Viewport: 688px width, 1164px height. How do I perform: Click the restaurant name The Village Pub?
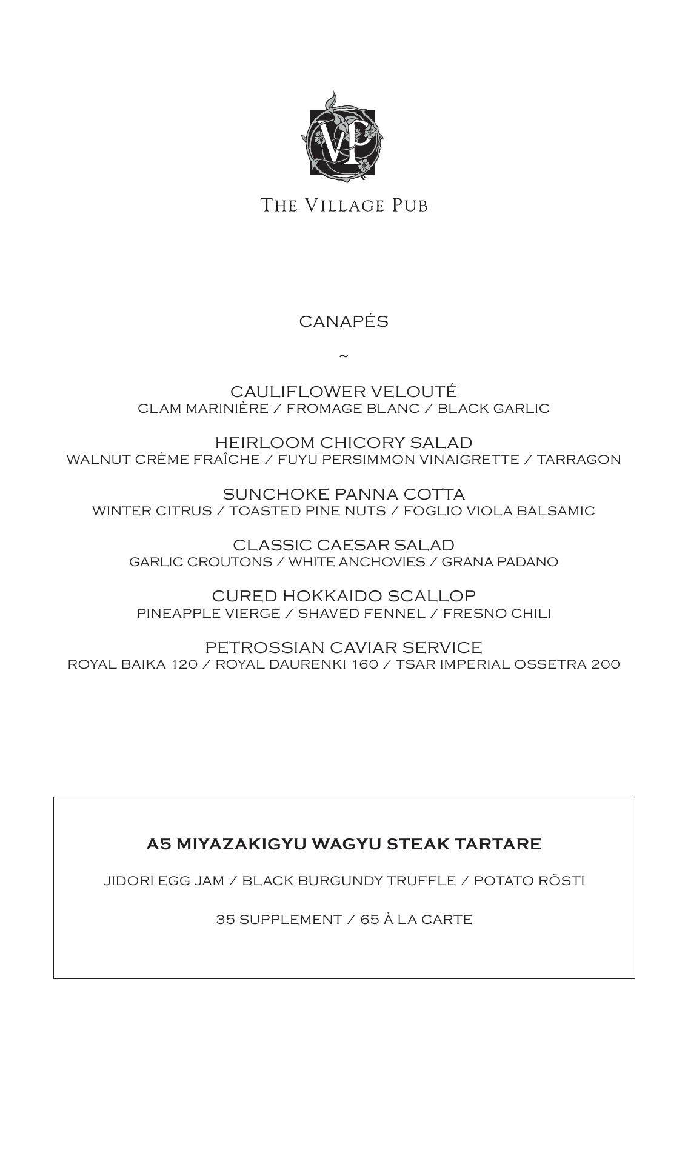tap(344, 205)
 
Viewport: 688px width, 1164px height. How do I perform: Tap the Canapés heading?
tap(344, 321)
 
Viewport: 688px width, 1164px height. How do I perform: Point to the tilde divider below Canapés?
tap(344, 356)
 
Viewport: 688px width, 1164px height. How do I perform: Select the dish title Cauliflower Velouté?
tap(344, 391)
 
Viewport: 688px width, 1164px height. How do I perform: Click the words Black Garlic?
tap(493, 409)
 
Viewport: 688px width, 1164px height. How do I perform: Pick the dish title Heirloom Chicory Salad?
tap(344, 443)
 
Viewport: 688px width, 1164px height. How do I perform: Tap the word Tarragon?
tap(579, 460)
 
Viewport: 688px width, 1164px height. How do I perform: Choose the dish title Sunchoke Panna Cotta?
tap(344, 493)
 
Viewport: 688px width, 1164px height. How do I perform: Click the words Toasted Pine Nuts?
tap(307, 511)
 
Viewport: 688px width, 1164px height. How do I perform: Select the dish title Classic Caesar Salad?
tap(344, 544)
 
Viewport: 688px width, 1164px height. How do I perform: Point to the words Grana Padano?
tap(499, 562)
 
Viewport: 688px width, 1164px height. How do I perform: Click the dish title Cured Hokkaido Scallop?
tap(344, 595)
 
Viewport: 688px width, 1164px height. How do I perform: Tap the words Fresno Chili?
tap(496, 614)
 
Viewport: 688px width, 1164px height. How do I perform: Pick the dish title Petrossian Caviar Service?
tap(344, 647)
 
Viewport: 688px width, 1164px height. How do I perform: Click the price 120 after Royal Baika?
tap(184, 664)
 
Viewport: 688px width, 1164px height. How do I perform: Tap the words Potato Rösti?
tap(529, 881)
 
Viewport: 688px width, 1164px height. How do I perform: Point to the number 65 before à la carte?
tap(370, 920)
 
